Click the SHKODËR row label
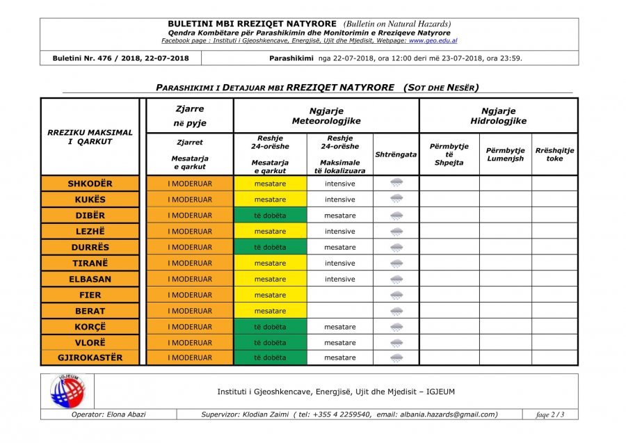coord(90,184)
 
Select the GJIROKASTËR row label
coord(90,357)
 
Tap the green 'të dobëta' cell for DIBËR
coord(270,216)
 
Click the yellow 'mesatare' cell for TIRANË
coord(270,264)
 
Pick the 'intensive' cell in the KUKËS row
coord(339,200)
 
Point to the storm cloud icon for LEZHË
coord(396,232)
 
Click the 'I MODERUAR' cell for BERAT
coord(190,311)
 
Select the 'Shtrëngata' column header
coord(396,154)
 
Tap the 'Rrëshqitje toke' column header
coord(554,154)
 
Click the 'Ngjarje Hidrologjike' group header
coord(498,115)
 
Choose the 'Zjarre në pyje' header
coord(190,115)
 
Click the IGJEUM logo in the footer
coord(67,391)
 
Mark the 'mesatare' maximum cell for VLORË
coord(339,343)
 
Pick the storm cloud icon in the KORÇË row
coord(396,327)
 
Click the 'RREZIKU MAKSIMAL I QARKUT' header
coord(90,137)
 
